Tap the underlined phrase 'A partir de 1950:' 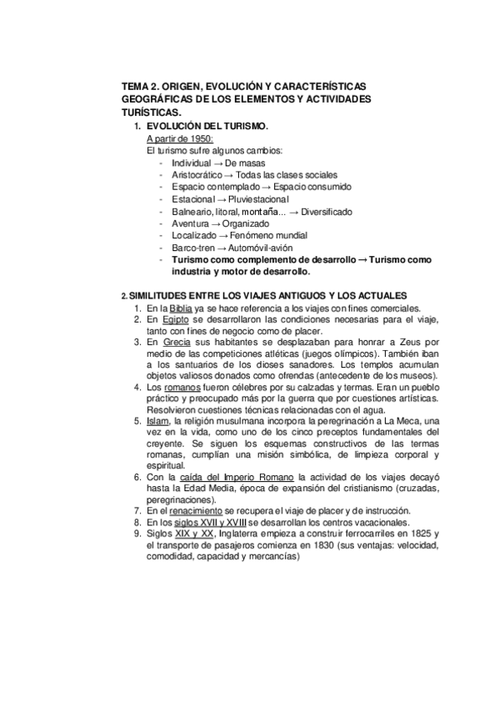180,138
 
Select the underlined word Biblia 183,308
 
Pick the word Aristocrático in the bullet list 198,175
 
